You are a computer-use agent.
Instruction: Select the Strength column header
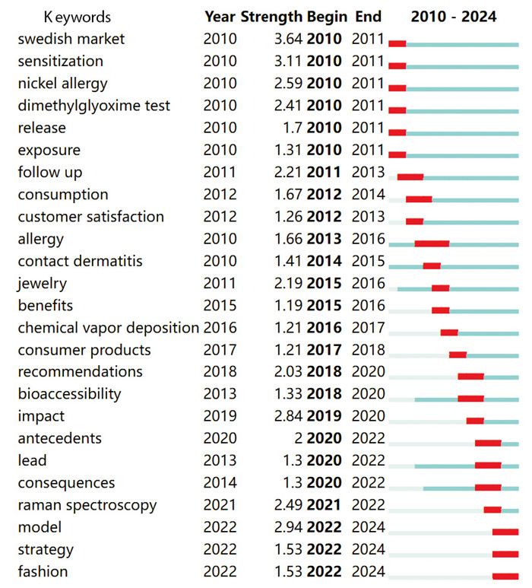coord(272,17)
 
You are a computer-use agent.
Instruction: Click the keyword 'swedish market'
coord(71,39)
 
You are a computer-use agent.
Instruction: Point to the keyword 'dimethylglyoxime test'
coord(94,106)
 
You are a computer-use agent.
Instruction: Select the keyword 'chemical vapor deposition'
coord(109,328)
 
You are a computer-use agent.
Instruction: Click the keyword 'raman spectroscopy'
coord(87,505)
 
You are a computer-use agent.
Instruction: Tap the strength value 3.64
coord(289,39)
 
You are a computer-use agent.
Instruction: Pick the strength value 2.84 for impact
coord(289,416)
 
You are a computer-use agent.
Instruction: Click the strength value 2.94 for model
coord(289,527)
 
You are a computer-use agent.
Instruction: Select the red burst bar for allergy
coord(432,243)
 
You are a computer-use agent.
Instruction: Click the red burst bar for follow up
coord(410,177)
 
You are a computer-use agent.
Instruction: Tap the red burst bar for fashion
coord(505,576)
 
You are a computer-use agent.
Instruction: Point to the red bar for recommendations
coord(470,377)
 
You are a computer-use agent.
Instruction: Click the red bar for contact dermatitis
coord(432,265)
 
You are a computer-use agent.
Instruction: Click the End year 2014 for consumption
coord(369,195)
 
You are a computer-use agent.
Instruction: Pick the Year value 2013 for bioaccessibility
coord(220,394)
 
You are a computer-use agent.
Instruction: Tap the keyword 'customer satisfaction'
coord(91,217)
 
